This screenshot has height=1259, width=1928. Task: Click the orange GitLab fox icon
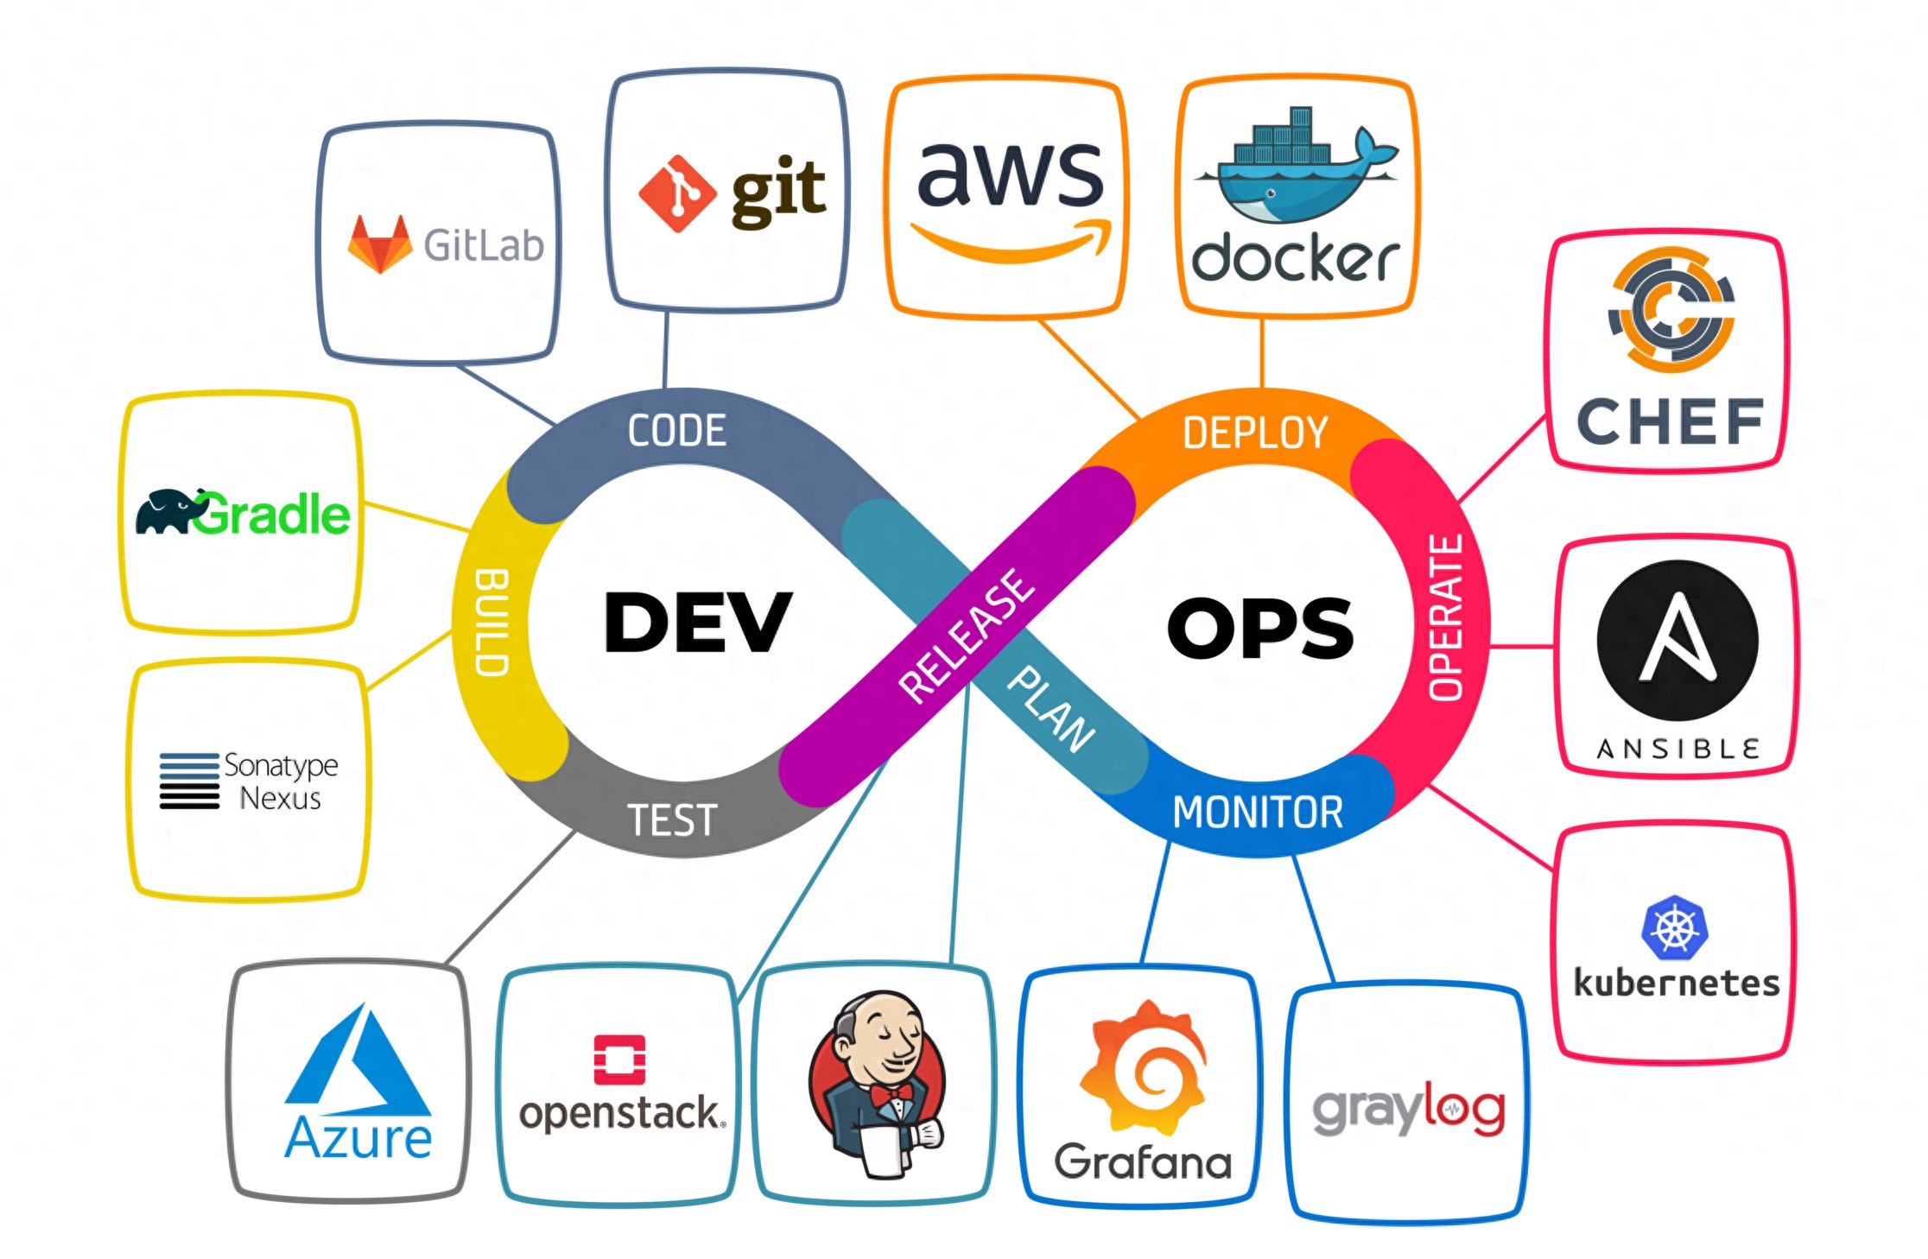pyautogui.click(x=379, y=245)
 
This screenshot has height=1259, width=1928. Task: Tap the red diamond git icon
pyautogui.click(x=677, y=193)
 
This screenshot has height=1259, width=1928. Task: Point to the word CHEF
pyautogui.click(x=1670, y=422)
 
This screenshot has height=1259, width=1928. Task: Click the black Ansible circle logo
pyautogui.click(x=1677, y=640)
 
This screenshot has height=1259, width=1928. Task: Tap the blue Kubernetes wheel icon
pyautogui.click(x=1674, y=928)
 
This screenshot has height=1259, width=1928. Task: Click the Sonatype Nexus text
pyautogui.click(x=280, y=781)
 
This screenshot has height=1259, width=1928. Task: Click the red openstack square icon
pyautogui.click(x=619, y=1060)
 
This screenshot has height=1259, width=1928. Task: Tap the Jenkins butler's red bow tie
pyautogui.click(x=891, y=1095)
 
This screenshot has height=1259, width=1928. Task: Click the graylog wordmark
pyautogui.click(x=1408, y=1110)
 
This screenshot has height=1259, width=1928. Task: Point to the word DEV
pyautogui.click(x=698, y=623)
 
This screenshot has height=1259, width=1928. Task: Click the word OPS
pyautogui.click(x=1259, y=629)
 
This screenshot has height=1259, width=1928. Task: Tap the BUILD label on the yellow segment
pyautogui.click(x=492, y=622)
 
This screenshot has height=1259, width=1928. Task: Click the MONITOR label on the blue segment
pyautogui.click(x=1258, y=813)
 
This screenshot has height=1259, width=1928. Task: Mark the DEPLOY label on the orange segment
pyautogui.click(x=1254, y=433)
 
